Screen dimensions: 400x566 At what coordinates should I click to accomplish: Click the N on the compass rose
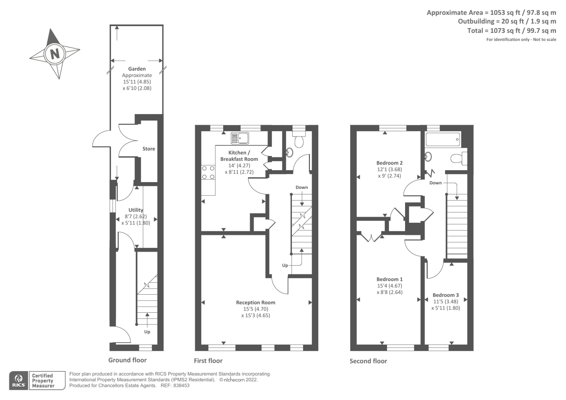[x=54, y=54]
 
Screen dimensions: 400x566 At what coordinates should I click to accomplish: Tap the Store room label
[x=149, y=149]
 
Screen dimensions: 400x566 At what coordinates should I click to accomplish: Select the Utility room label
[x=135, y=210]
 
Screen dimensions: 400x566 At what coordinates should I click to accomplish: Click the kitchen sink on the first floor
[x=240, y=138]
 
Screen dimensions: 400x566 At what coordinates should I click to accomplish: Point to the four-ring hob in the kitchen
[x=208, y=172]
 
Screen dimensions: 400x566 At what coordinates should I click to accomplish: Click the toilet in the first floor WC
[x=299, y=141]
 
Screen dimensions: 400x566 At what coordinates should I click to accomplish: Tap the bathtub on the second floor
[x=443, y=139]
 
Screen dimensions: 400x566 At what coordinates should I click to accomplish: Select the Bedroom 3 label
[x=445, y=295]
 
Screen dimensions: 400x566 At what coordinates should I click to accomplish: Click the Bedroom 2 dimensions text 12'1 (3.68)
[x=389, y=169]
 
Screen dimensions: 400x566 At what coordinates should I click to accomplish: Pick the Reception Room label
[x=255, y=302]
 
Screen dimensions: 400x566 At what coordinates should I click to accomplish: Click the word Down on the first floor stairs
[x=301, y=187]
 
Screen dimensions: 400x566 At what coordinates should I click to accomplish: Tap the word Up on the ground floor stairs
[x=147, y=332]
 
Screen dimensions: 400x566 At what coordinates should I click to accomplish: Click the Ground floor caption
[x=127, y=360]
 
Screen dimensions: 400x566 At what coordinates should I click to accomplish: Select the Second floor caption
[x=368, y=361]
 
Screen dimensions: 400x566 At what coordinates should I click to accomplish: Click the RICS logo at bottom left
[x=18, y=381]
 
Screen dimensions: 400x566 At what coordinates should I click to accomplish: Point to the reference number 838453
[x=181, y=385]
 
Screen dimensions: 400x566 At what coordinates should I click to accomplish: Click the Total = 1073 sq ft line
[x=511, y=31]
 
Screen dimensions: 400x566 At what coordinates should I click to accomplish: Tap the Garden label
[x=137, y=69]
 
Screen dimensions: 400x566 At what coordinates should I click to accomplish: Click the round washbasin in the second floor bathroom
[x=428, y=156]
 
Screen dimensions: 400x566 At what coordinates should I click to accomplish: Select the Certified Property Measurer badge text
[x=43, y=381]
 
